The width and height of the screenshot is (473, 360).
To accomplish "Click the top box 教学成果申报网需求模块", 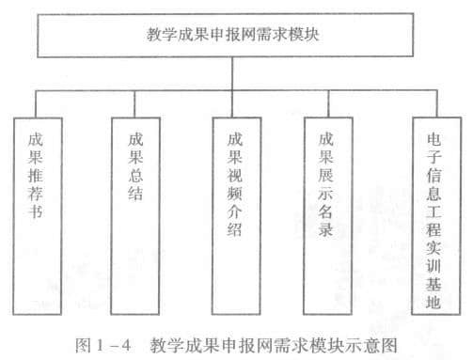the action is click(x=236, y=37).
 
